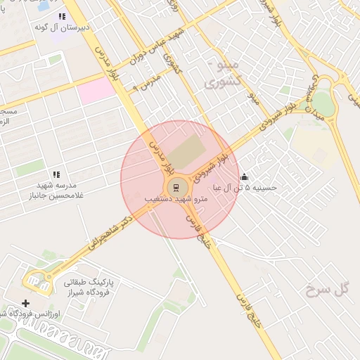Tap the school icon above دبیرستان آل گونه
62,16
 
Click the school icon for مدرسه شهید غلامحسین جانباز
56,174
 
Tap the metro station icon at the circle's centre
175,187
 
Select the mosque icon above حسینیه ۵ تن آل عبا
244,176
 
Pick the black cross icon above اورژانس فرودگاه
26,303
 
